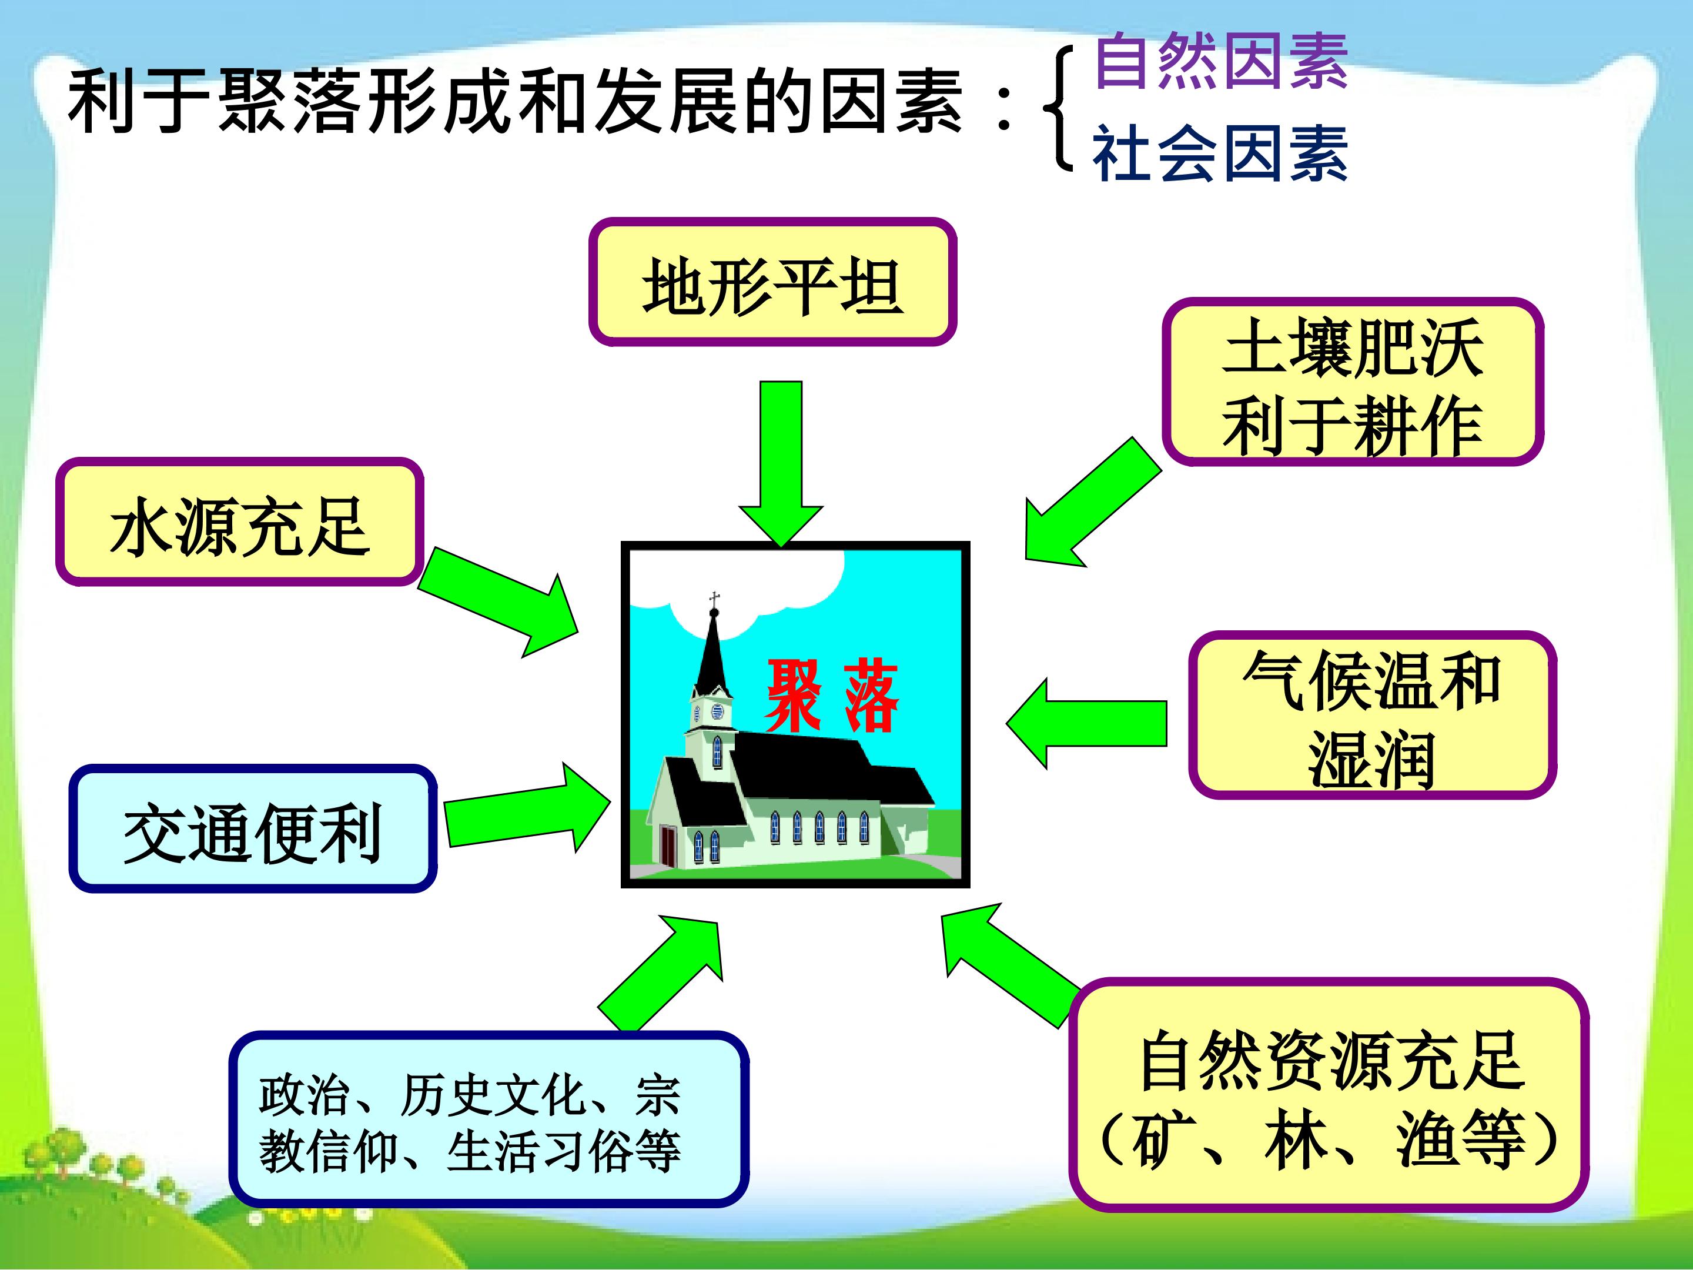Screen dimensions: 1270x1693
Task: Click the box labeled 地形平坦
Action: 772,282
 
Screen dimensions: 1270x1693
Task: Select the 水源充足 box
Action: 240,522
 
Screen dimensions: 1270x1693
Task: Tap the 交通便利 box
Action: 253,829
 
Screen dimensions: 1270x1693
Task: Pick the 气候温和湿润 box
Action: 1371,716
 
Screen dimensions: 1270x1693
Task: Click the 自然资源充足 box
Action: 1328,1095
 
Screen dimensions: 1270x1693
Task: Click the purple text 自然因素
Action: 1221,61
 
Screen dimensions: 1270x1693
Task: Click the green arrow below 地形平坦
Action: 781,459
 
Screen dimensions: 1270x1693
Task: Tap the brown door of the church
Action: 669,846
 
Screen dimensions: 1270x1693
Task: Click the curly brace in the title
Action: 1060,107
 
